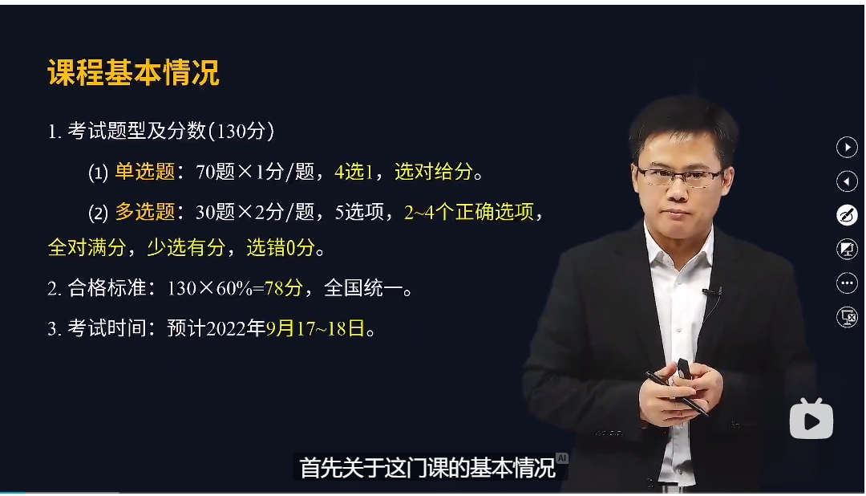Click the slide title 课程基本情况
click(x=133, y=73)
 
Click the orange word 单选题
click(x=145, y=171)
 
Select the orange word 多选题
click(x=145, y=212)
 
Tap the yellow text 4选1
click(x=354, y=171)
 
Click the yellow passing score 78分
click(x=283, y=288)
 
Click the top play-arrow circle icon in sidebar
click(x=847, y=147)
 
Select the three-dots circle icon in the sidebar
click(x=847, y=283)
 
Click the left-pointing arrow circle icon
click(x=847, y=182)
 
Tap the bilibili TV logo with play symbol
click(x=811, y=418)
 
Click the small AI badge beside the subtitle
click(x=562, y=457)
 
